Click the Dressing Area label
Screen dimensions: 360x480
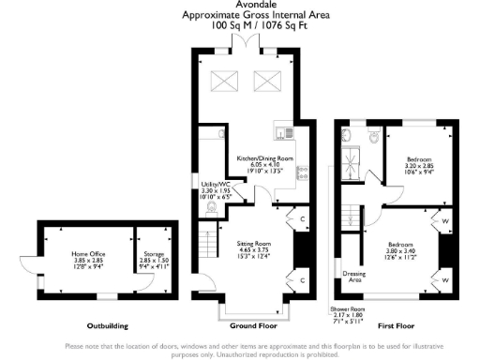[355, 276]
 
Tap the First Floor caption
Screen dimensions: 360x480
[397, 326]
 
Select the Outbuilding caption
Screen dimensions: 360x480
[103, 326]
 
